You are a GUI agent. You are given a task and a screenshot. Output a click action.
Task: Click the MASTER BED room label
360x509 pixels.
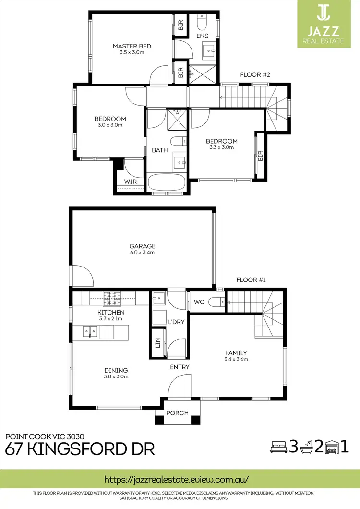click(x=132, y=46)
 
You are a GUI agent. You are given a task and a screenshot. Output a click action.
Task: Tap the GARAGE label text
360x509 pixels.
click(x=142, y=246)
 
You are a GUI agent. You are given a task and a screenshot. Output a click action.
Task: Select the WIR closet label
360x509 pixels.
click(x=130, y=182)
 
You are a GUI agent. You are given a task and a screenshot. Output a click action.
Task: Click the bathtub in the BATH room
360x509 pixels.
click(x=166, y=183)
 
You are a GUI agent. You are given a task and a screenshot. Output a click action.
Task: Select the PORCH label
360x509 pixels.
click(x=177, y=413)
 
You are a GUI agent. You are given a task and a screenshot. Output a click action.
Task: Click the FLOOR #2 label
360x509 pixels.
click(x=255, y=75)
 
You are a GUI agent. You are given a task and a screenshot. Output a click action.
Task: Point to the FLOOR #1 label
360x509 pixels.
click(x=251, y=279)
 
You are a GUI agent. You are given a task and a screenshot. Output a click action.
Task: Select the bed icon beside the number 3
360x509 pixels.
click(x=277, y=447)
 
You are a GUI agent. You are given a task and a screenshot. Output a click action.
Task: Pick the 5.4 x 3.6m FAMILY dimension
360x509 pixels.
click(x=236, y=359)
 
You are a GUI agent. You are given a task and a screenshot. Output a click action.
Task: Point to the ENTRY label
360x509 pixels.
click(x=180, y=367)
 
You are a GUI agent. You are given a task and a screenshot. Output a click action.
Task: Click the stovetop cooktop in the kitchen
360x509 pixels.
click(x=113, y=298)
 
